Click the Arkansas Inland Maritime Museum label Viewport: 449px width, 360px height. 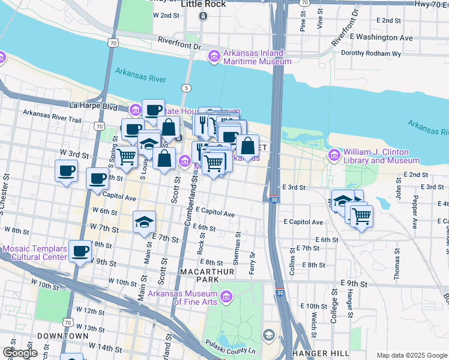[257, 57]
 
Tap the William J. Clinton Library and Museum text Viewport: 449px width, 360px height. [381, 156]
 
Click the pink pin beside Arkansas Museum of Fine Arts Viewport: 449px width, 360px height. [226, 296]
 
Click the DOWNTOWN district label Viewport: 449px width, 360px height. [58, 336]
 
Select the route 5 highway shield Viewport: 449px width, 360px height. [187, 88]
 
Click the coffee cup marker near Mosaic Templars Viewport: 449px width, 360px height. [80, 251]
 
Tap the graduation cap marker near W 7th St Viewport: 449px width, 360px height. [144, 221]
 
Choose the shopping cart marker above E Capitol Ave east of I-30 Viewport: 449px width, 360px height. [361, 215]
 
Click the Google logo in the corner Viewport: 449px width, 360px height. [20, 353]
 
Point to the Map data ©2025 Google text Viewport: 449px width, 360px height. [411, 355]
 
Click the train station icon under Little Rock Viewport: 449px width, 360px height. [203, 16]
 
